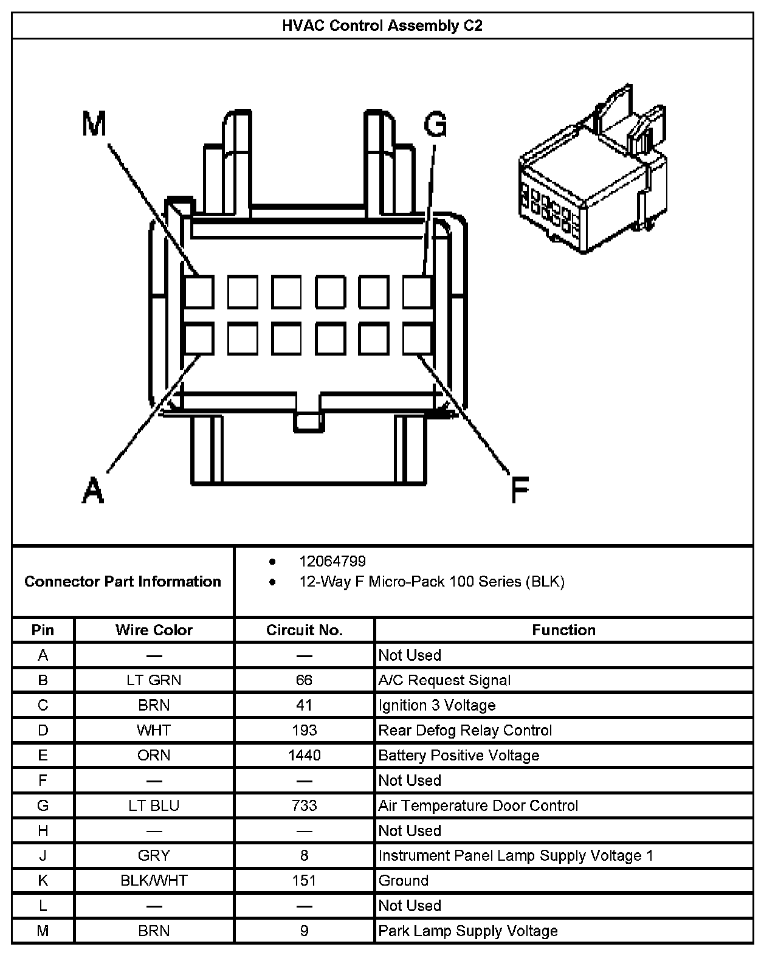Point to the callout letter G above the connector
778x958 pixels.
(x=435, y=125)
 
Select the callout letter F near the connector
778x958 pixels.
(x=520, y=490)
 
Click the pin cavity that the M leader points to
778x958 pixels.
(x=199, y=292)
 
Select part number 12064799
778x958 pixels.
(x=332, y=561)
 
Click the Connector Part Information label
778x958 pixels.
(x=123, y=582)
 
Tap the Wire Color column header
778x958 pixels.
(x=154, y=630)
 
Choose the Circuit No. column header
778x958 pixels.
(x=304, y=630)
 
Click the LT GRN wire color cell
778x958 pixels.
(x=154, y=680)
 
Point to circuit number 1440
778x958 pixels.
(x=304, y=756)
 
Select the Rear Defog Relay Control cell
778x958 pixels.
(x=465, y=731)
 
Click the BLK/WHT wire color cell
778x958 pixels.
(x=154, y=881)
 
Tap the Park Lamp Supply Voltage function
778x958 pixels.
(x=468, y=931)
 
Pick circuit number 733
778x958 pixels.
(x=304, y=805)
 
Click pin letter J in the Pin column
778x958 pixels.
(x=43, y=856)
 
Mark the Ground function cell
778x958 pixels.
(x=404, y=881)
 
